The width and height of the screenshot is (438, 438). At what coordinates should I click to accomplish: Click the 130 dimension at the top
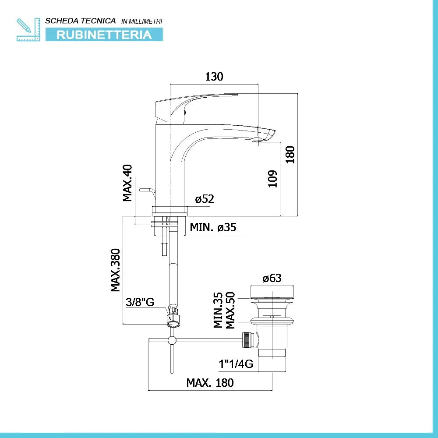click(x=214, y=77)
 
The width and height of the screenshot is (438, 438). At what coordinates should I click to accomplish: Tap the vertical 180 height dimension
click(x=290, y=155)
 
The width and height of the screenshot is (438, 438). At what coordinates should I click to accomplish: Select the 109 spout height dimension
click(x=272, y=179)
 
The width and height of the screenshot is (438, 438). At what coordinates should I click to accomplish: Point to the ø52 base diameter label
click(x=205, y=199)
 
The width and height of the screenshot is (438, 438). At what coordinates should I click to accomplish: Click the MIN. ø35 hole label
click(x=213, y=227)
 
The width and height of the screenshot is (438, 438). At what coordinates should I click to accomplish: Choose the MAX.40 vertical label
click(x=127, y=183)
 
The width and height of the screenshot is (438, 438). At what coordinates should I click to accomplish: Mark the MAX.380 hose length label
click(x=115, y=270)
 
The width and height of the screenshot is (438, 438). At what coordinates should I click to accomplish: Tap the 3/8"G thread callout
click(x=140, y=302)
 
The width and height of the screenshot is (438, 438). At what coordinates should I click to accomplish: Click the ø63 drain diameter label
click(x=272, y=278)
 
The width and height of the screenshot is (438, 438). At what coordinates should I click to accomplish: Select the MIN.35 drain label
click(x=218, y=310)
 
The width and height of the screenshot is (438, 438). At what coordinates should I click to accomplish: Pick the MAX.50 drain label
click(x=230, y=310)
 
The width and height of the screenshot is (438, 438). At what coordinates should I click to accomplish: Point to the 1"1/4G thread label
click(x=236, y=364)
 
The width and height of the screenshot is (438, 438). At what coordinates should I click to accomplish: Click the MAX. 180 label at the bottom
click(x=210, y=383)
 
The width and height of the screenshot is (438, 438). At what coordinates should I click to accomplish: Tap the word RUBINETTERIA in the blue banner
click(x=104, y=35)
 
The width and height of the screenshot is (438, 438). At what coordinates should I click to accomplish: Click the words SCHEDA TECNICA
click(x=81, y=21)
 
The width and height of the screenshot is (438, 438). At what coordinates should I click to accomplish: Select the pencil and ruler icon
click(x=28, y=29)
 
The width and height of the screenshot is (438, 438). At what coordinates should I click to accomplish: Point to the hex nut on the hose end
click(x=174, y=319)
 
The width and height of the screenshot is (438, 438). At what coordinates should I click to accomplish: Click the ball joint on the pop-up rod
click(x=172, y=340)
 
